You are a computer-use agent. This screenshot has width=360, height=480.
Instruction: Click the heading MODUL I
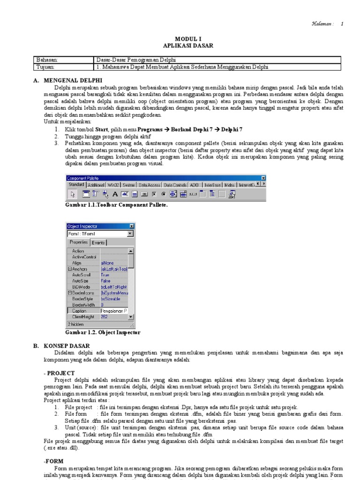point(187,39)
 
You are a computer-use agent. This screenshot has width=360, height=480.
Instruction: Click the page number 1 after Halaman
point(342,23)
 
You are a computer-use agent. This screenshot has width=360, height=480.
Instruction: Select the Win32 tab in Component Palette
point(114,185)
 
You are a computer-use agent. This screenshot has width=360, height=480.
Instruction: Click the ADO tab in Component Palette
point(195,185)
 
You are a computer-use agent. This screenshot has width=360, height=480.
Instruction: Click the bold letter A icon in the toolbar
point(114,194)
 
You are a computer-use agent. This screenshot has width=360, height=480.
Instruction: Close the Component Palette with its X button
point(263,178)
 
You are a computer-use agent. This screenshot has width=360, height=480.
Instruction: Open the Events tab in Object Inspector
point(98,243)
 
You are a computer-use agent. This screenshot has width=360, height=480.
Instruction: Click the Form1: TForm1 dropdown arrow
point(130,233)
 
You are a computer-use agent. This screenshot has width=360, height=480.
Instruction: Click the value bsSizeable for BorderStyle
point(111,299)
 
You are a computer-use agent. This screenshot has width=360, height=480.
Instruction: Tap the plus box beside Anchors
point(70,269)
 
